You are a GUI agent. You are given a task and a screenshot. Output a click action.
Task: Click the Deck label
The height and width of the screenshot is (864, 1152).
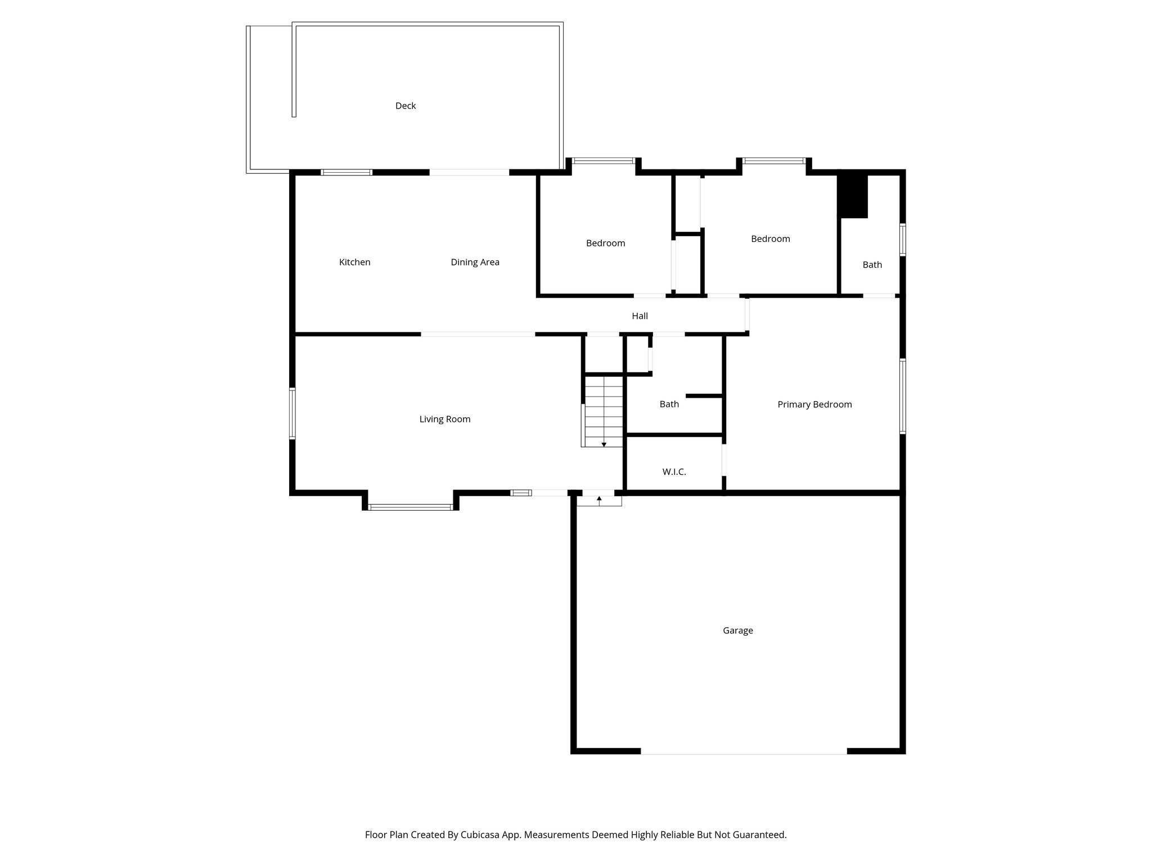[406, 106]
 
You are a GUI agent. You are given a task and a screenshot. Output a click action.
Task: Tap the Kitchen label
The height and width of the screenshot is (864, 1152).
[354, 262]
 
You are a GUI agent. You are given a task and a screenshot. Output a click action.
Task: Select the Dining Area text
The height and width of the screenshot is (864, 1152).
[475, 262]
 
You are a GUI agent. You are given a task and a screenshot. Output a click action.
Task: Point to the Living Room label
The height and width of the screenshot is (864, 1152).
[444, 419]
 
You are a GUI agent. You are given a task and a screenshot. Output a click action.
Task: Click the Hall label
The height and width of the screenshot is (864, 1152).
[640, 316]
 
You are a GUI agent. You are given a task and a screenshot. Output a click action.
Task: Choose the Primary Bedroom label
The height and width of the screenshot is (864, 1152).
[814, 404]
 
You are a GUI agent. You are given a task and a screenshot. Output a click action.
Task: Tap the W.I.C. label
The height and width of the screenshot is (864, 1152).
[674, 472]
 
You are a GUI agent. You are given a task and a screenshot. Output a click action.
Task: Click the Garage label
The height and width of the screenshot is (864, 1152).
[737, 631]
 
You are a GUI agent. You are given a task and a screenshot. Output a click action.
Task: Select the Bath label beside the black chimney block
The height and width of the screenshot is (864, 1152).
[872, 265]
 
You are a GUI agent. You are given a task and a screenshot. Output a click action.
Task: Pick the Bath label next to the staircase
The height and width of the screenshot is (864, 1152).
[669, 404]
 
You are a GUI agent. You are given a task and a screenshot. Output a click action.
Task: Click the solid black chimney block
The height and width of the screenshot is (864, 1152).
[853, 196]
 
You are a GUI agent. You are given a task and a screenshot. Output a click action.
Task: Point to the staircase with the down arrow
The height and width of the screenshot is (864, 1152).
[604, 411]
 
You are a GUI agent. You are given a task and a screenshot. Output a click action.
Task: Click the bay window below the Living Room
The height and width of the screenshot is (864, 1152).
[411, 507]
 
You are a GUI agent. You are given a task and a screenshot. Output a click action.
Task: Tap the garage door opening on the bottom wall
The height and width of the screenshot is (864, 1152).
[743, 753]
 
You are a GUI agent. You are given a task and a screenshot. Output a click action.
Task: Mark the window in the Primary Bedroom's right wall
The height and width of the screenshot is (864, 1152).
[902, 396]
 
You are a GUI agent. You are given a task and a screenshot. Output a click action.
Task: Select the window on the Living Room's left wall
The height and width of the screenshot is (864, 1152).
[292, 413]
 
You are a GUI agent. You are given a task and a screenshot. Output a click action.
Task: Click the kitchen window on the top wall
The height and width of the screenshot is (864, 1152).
[346, 172]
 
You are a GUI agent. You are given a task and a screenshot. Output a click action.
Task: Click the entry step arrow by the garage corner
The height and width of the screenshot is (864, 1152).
[599, 499]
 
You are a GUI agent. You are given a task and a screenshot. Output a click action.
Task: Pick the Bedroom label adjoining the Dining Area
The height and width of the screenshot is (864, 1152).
[605, 244]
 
